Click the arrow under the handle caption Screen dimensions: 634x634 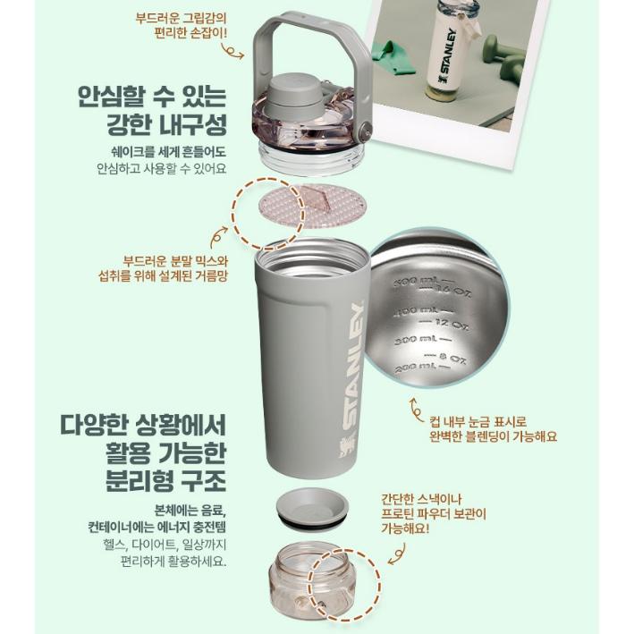click(x=234, y=53)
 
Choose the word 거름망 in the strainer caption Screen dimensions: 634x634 click(x=208, y=275)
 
